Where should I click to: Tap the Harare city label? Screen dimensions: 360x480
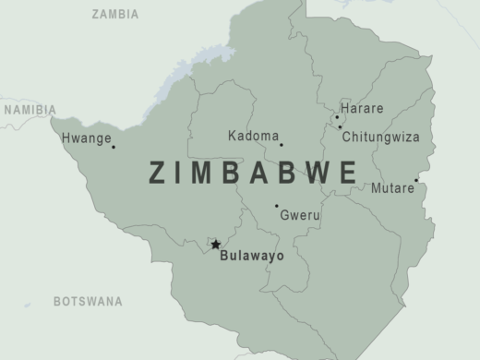pyautogui.click(x=363, y=108)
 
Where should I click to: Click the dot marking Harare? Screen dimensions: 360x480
pyautogui.click(x=337, y=117)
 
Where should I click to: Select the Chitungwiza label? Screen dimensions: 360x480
pyautogui.click(x=380, y=137)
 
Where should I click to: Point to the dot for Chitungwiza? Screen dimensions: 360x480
pyautogui.click(x=340, y=127)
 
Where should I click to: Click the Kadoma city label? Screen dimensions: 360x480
pyautogui.click(x=253, y=137)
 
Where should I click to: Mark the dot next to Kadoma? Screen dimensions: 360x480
pyautogui.click(x=282, y=144)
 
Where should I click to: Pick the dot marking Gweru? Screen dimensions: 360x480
pyautogui.click(x=276, y=206)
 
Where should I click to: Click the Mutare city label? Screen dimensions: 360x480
pyautogui.click(x=392, y=188)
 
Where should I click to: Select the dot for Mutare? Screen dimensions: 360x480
pyautogui.click(x=416, y=181)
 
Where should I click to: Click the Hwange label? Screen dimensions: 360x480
pyautogui.click(x=83, y=139)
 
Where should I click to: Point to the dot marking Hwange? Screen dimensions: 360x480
pyautogui.click(x=114, y=147)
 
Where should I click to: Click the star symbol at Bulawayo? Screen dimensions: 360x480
pyautogui.click(x=216, y=245)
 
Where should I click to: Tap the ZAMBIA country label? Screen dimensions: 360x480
pyautogui.click(x=115, y=15)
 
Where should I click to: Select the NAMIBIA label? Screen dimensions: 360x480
pyautogui.click(x=30, y=110)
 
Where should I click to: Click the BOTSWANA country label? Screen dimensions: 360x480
pyautogui.click(x=88, y=301)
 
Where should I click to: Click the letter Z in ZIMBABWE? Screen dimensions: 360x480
pyautogui.click(x=158, y=173)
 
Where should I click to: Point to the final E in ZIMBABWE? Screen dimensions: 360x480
pyautogui.click(x=348, y=173)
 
